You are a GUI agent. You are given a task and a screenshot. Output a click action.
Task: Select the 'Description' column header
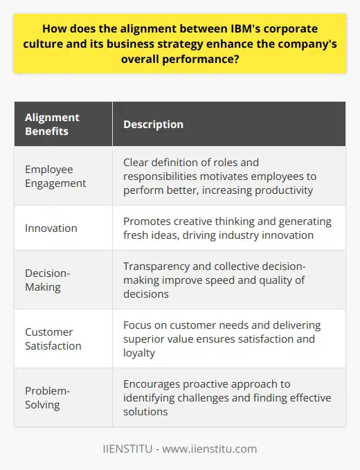(x=153, y=125)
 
